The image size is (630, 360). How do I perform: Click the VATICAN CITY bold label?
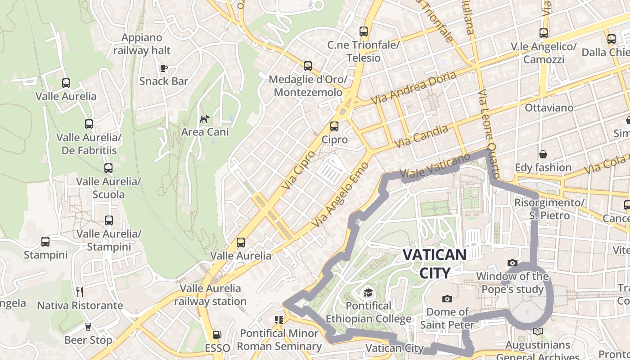pos(434,264)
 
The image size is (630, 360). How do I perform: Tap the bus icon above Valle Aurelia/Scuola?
pos(108,168)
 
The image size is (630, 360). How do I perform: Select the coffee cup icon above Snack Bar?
pos(164,68)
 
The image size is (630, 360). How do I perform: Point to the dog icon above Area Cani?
pos(205,119)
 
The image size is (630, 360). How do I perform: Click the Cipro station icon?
pos(334,126)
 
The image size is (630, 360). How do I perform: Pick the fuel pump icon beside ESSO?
pos(217,335)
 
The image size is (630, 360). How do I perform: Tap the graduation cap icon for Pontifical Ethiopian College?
pos(368,293)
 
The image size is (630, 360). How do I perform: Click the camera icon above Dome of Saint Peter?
pos(447,299)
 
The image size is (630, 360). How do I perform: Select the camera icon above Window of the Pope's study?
pos(512,263)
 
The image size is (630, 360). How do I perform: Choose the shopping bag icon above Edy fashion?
pos(543,154)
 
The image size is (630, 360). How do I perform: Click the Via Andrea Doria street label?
pos(413,88)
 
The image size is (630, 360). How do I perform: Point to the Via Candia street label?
pos(421,136)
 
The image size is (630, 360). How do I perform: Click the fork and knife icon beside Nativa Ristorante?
pos(80,292)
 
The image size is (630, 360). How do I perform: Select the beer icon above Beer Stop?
pos(88,327)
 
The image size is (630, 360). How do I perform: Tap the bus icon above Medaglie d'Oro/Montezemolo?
pos(308,66)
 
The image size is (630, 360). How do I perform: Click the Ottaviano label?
pos(549,108)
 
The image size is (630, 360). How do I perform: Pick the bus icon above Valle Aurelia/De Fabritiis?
pos(89,124)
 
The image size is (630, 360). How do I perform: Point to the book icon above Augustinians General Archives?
pos(537,332)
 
